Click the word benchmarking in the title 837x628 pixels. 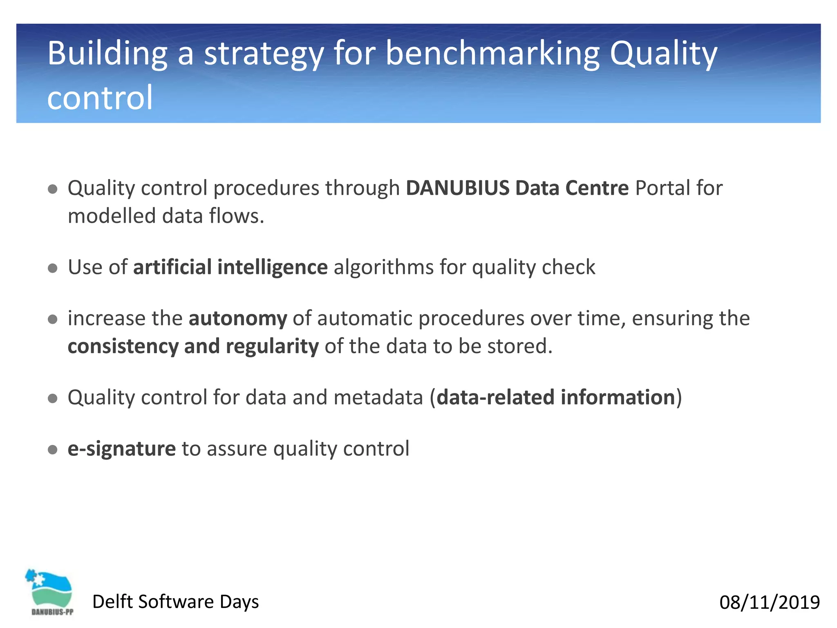point(492,54)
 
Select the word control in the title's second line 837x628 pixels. point(100,98)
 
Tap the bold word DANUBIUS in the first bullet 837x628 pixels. point(457,188)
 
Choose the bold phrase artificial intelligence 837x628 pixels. point(230,267)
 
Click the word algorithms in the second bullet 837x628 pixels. point(384,267)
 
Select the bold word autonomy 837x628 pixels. point(238,318)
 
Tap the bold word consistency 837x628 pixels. point(123,346)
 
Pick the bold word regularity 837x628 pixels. point(272,346)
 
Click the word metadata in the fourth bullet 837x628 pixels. point(378,397)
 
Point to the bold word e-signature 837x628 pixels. point(121,449)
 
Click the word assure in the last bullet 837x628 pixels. point(237,449)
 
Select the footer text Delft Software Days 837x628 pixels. point(175,602)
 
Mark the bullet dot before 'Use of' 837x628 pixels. point(52,268)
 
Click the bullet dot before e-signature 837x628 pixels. point(52,450)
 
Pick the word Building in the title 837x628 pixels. point(107,54)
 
